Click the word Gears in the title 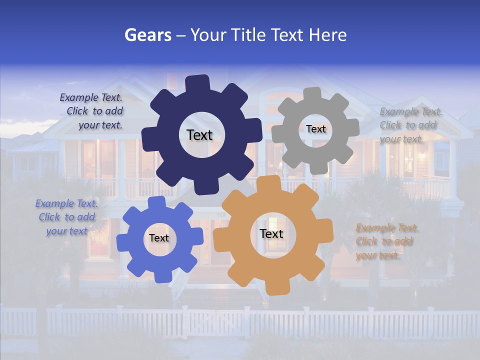148,35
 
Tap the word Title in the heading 250,35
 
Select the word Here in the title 328,35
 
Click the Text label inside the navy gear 199,135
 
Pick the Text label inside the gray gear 315,129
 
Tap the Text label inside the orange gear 271,233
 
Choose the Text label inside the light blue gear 159,238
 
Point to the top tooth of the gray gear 312,94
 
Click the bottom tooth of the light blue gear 161,275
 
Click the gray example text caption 408,125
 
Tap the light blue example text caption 66,217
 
